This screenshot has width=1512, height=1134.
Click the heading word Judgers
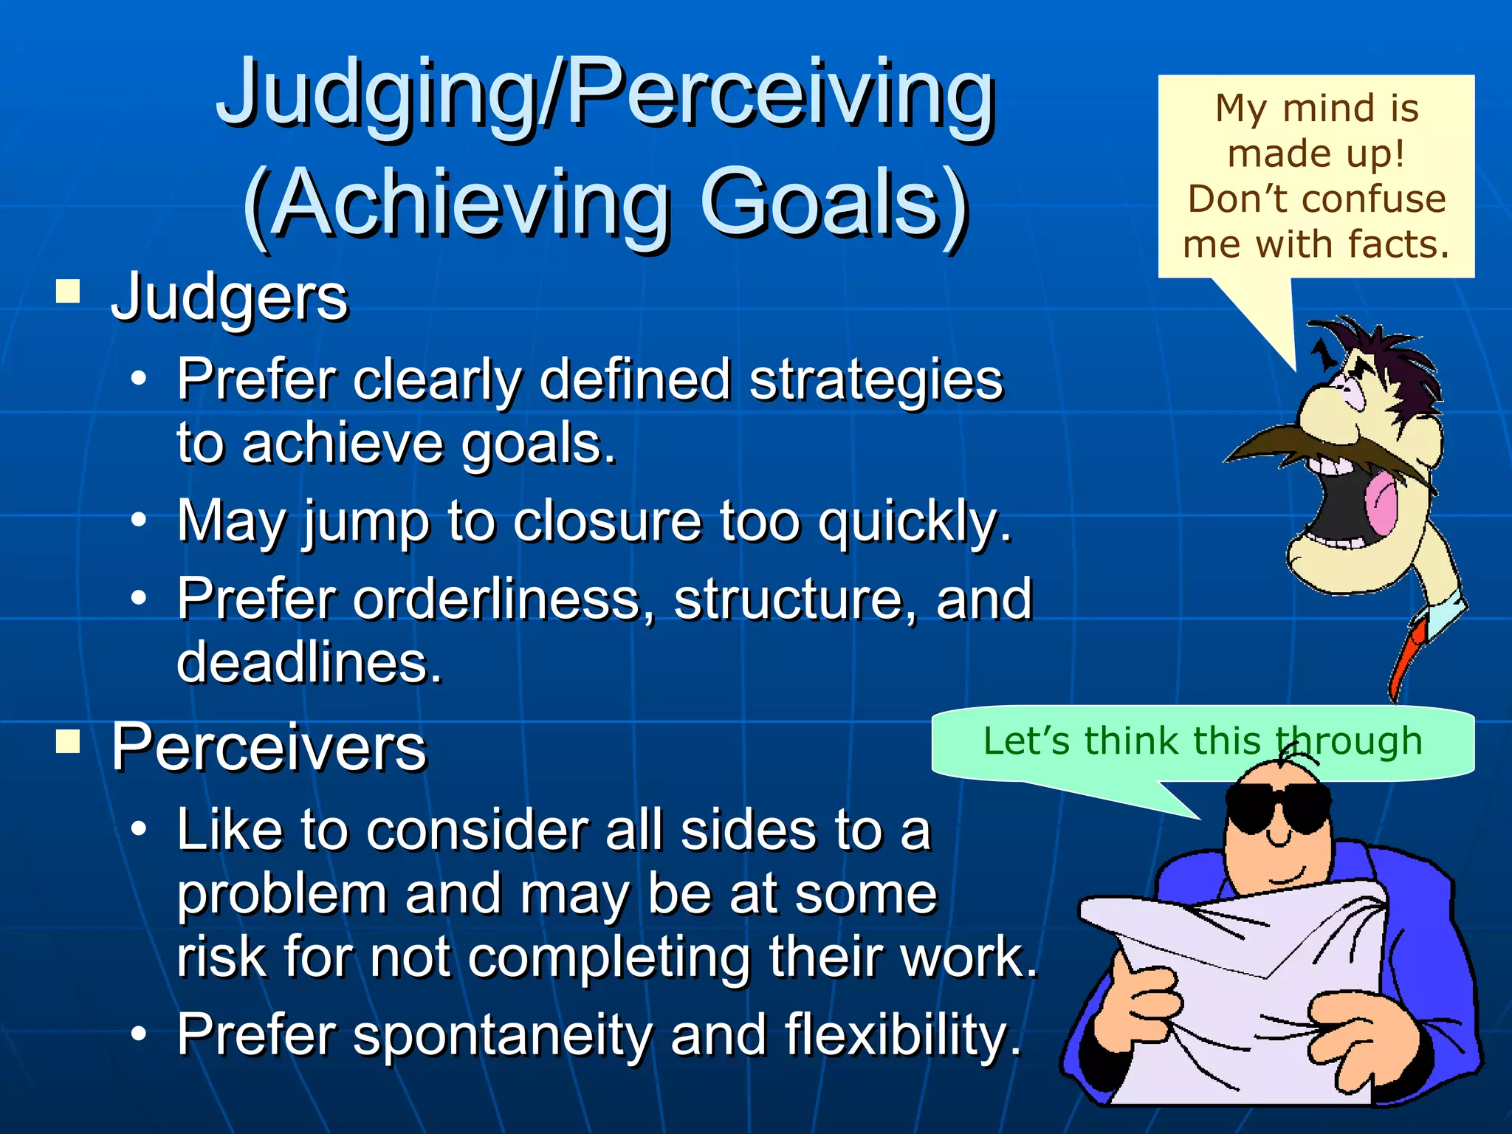click(x=229, y=298)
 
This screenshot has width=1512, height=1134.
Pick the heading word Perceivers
click(x=269, y=747)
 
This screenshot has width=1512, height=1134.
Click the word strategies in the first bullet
click(x=876, y=379)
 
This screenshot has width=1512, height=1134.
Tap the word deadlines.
click(x=309, y=662)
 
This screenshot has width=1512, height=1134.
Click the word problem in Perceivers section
click(x=282, y=894)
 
